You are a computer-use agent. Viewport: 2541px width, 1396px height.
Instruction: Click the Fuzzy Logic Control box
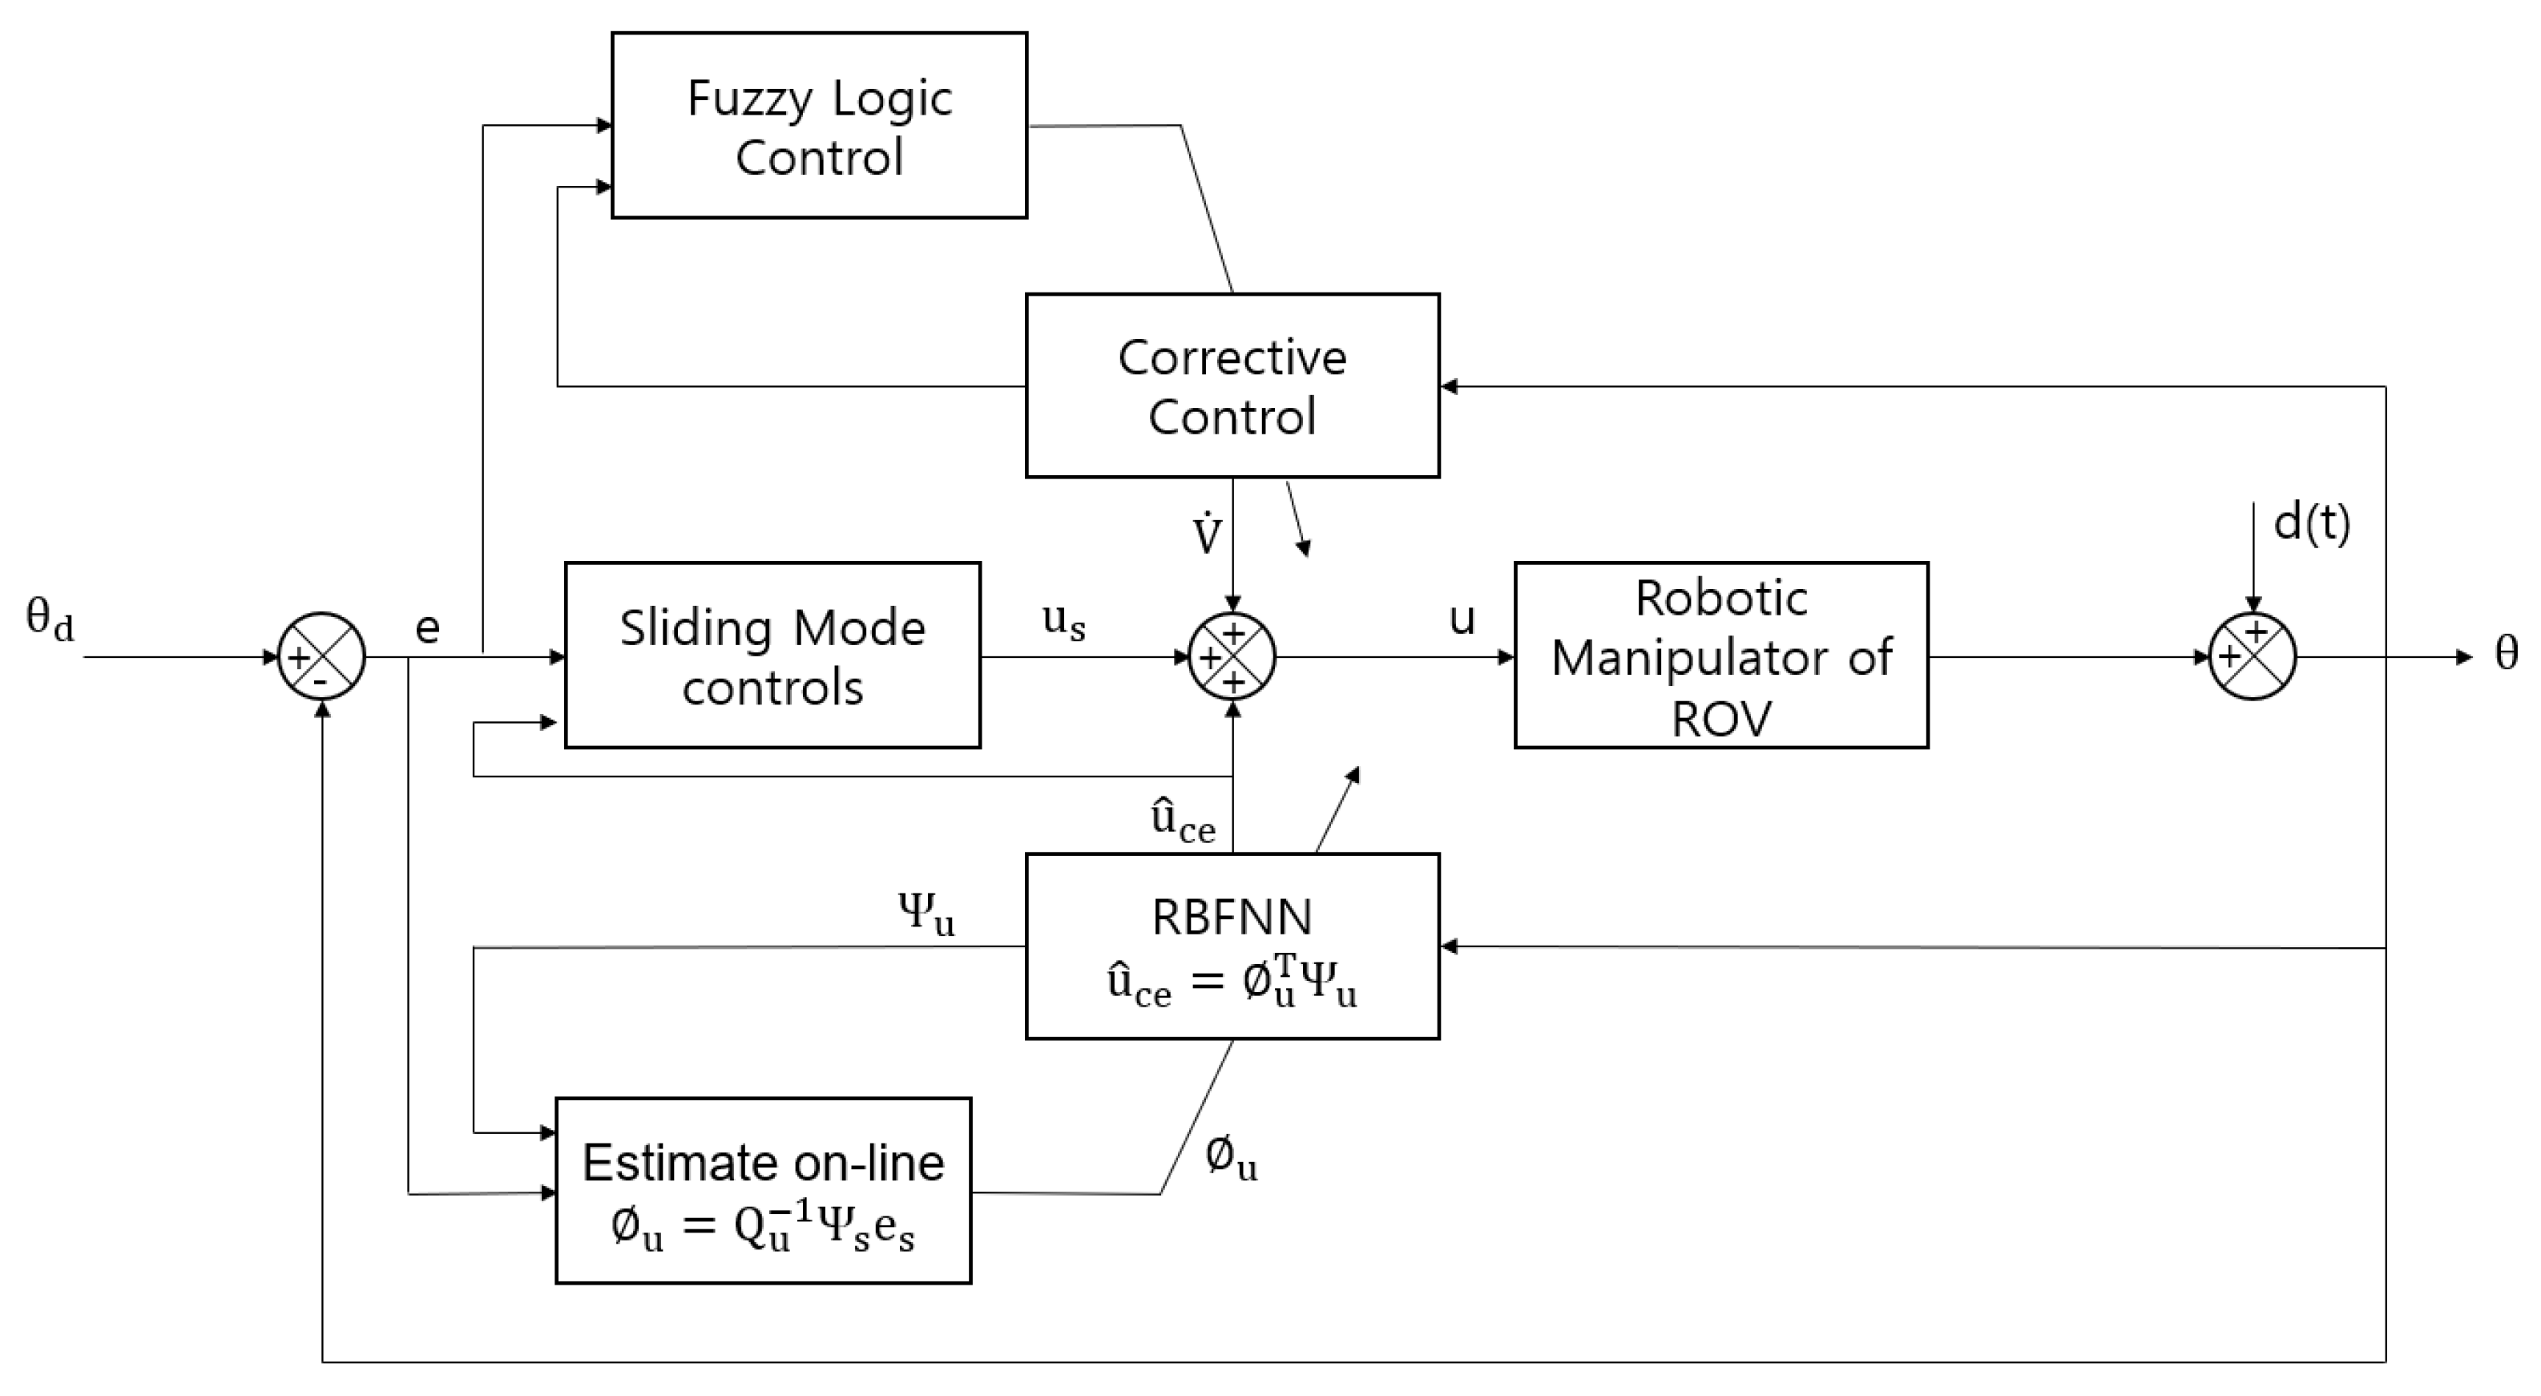pyautogui.click(x=819, y=125)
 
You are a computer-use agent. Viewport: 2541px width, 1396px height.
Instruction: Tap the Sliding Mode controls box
pyautogui.click(x=772, y=655)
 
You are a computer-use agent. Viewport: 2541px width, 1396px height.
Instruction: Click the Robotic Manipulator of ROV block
pyautogui.click(x=1721, y=655)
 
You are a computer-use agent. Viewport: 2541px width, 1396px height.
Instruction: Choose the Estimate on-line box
pyautogui.click(x=763, y=1191)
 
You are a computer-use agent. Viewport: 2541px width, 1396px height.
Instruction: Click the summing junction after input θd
pyautogui.click(x=321, y=656)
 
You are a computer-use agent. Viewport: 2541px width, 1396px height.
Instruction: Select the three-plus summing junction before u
pyautogui.click(x=1232, y=656)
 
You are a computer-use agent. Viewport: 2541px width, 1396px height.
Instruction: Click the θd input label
pyautogui.click(x=50, y=620)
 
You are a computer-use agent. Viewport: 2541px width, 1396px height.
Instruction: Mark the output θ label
pyautogui.click(x=2507, y=652)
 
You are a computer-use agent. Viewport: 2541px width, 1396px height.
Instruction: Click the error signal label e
pyautogui.click(x=427, y=627)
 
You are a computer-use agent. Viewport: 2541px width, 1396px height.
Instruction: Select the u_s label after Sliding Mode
pyautogui.click(x=1064, y=622)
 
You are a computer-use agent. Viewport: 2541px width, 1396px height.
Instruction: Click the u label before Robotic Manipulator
pyautogui.click(x=1462, y=619)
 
